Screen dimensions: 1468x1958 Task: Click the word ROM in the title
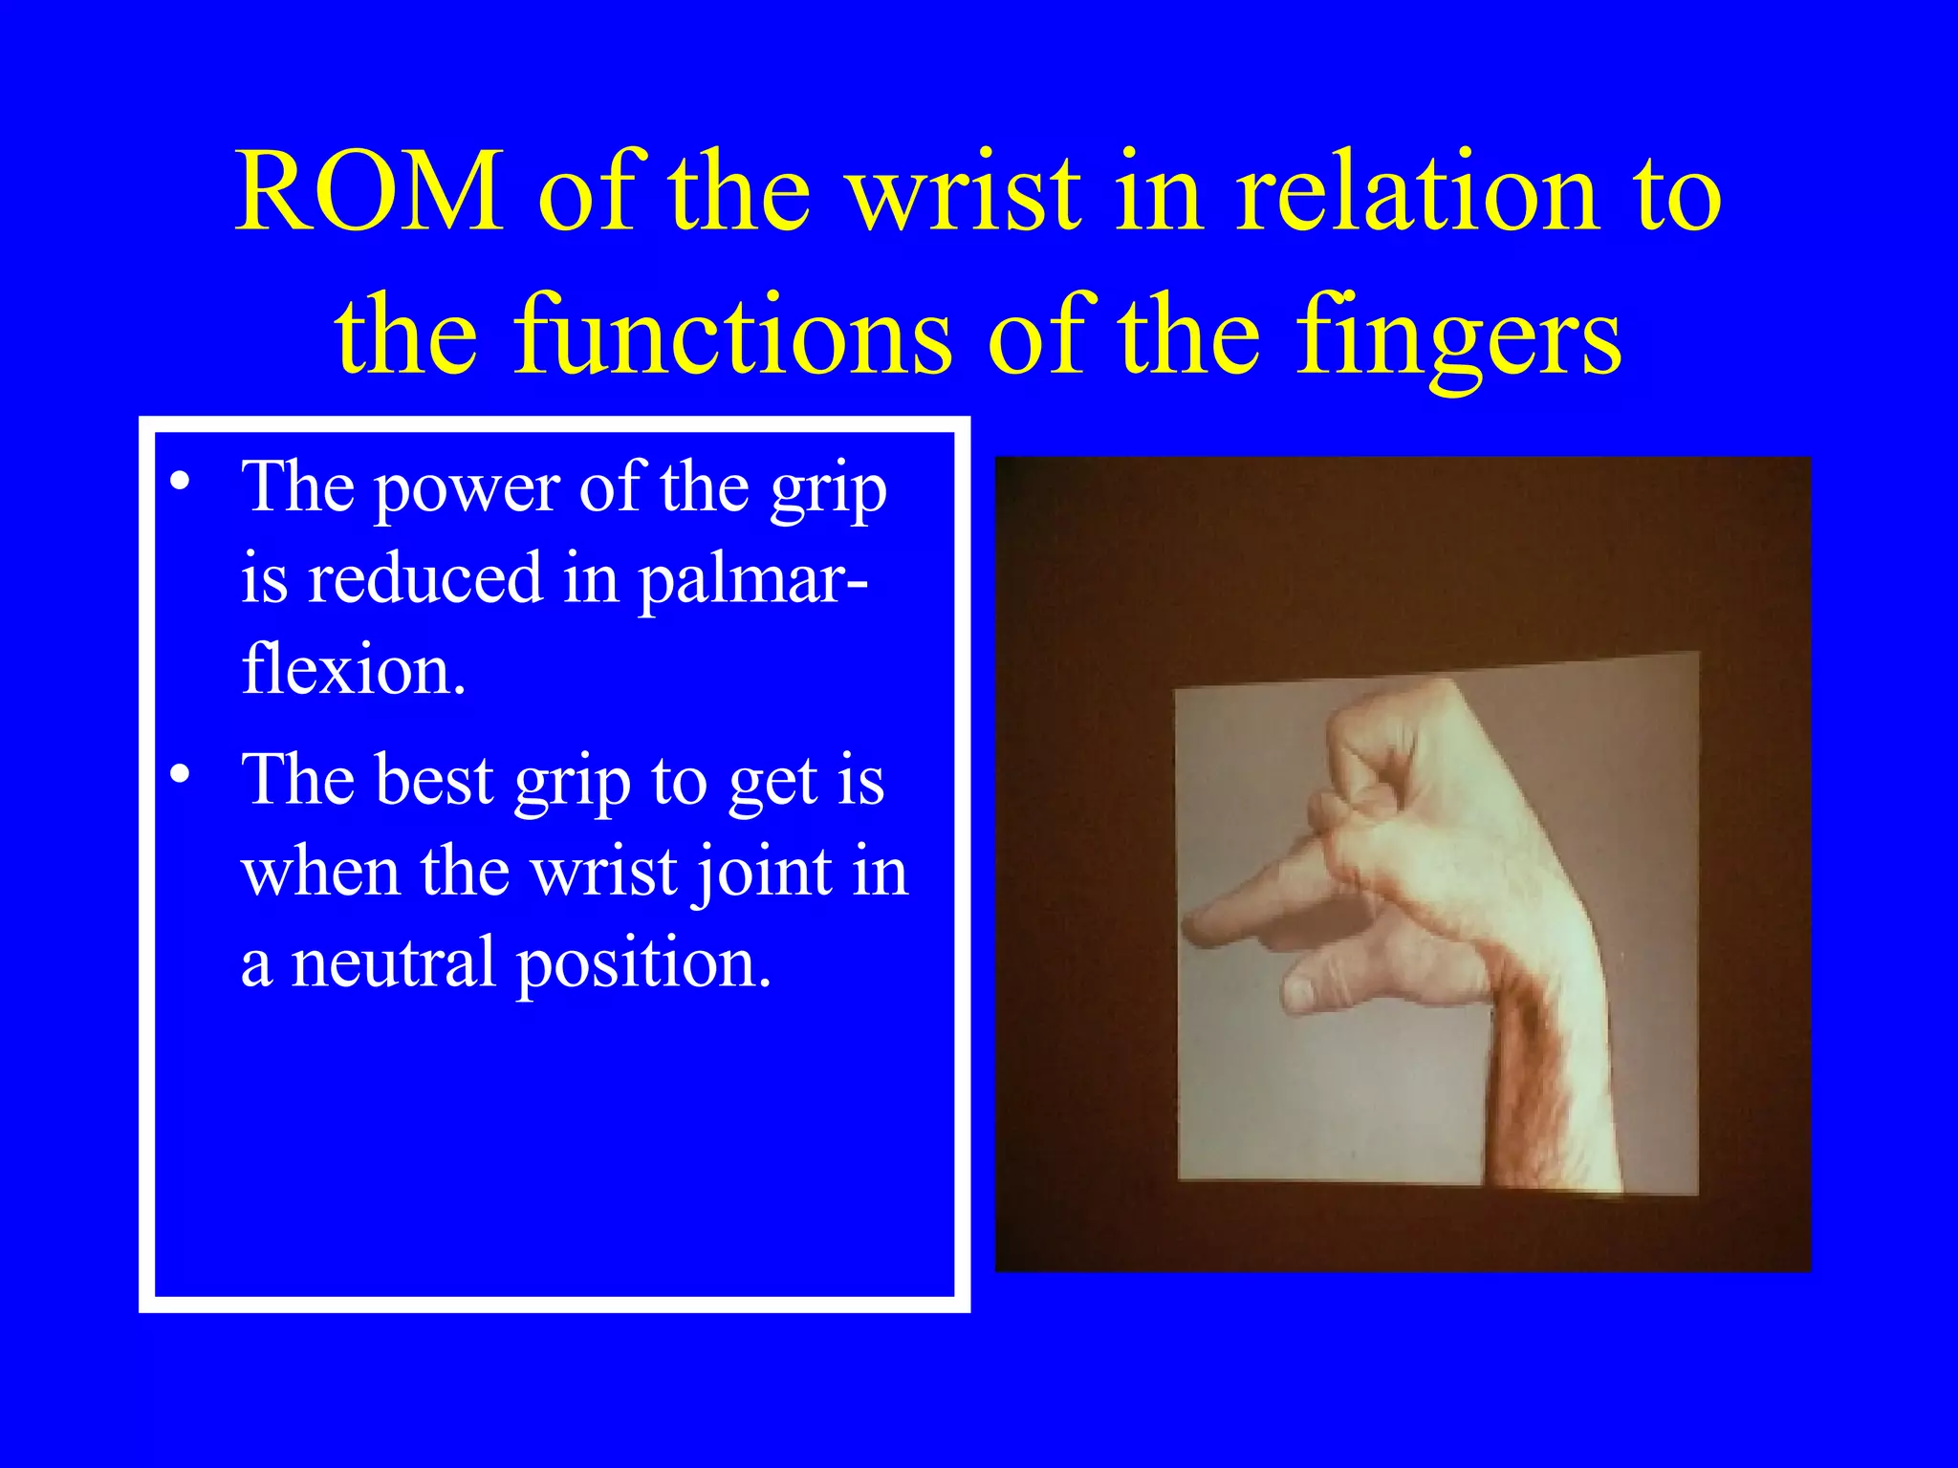click(x=369, y=192)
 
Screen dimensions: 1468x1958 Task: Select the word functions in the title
click(x=733, y=335)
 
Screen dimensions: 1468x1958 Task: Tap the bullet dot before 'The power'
click(x=180, y=480)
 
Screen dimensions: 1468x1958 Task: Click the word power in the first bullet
click(x=466, y=489)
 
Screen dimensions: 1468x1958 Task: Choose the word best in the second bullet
click(x=434, y=780)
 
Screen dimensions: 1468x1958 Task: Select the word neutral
click(x=393, y=962)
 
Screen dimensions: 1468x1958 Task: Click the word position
click(x=643, y=964)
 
